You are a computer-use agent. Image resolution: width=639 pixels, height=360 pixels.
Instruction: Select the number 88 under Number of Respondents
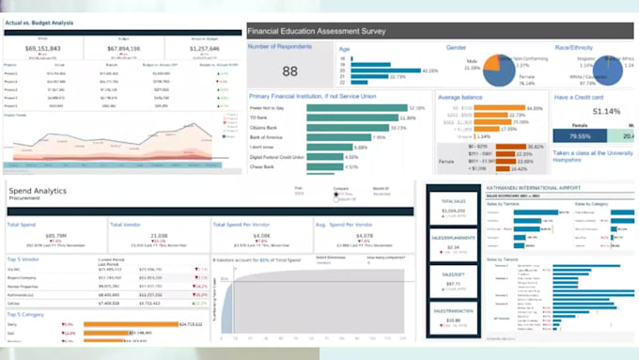tap(289, 71)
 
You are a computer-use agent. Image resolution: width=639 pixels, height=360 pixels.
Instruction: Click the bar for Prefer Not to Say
tap(366, 108)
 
